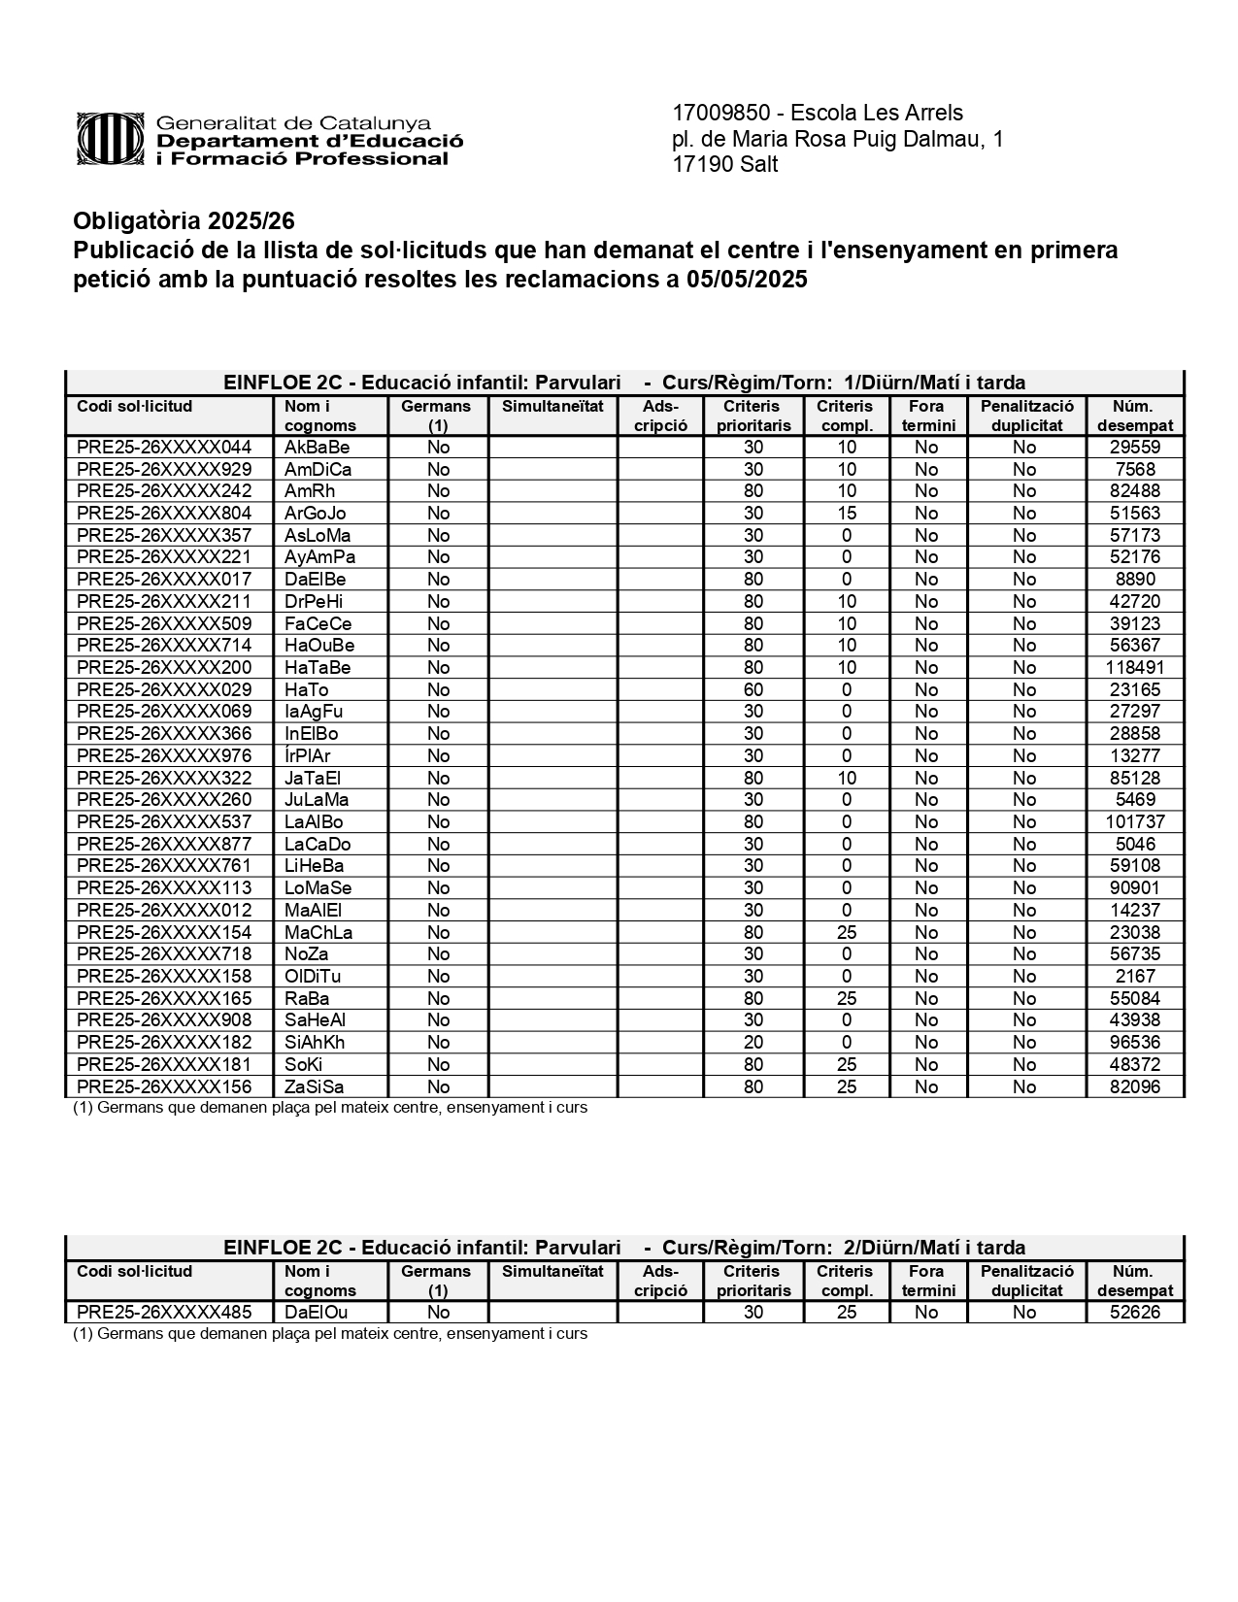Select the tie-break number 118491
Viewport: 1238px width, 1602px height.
(1134, 668)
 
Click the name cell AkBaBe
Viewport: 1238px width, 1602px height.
(317, 448)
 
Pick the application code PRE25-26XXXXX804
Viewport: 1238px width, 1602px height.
(164, 514)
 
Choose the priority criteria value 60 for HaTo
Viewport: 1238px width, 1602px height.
(753, 690)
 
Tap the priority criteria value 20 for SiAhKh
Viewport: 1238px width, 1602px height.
(753, 1043)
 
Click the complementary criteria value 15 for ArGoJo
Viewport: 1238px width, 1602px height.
(847, 514)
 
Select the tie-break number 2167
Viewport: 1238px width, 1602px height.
(1135, 977)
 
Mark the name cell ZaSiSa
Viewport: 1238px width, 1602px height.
(314, 1087)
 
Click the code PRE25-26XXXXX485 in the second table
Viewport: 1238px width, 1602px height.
(164, 1313)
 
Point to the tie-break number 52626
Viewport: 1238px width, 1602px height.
(1134, 1313)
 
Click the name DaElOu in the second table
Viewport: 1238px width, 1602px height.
(316, 1313)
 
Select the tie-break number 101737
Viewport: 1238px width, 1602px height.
(1134, 822)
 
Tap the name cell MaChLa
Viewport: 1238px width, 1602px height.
(318, 933)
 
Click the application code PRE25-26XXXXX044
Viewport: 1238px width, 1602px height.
(164, 448)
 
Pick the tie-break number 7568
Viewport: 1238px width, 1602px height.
(1134, 470)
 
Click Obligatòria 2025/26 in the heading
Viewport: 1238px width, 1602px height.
(184, 221)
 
